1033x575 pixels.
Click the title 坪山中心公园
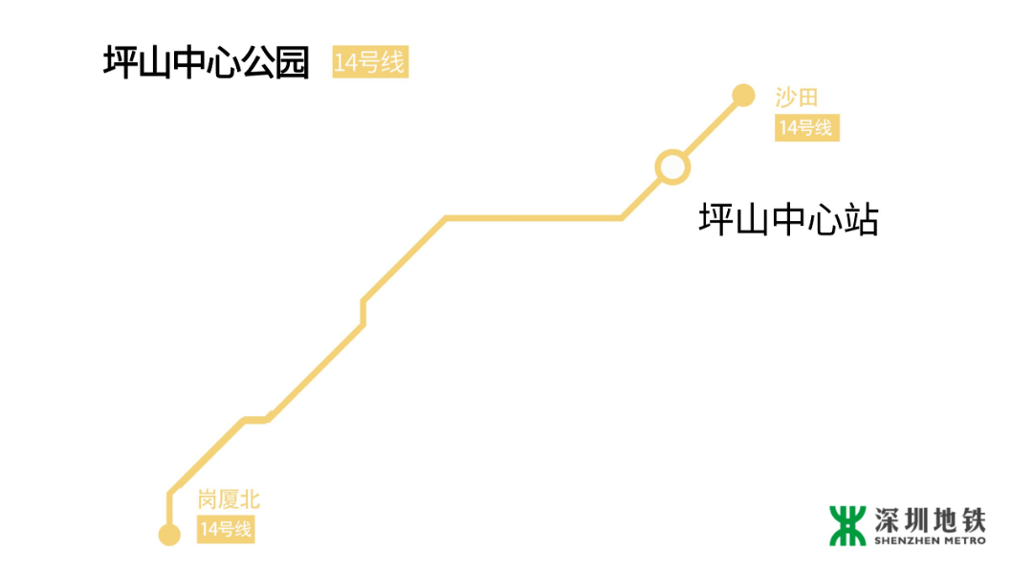[x=207, y=64]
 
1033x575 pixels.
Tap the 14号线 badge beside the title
[x=370, y=62]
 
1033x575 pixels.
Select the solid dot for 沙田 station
[x=743, y=94]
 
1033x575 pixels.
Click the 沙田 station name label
[x=797, y=97]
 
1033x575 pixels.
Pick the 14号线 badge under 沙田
[x=806, y=128]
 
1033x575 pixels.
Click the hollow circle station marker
[x=671, y=166]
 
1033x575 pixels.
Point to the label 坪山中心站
[x=789, y=220]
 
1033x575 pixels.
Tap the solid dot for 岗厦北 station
[x=169, y=534]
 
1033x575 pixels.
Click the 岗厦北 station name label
[x=229, y=499]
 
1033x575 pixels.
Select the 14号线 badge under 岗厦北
[x=227, y=529]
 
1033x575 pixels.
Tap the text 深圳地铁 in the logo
[x=929, y=520]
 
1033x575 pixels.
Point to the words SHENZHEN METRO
[x=929, y=542]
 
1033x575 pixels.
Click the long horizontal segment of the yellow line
[x=534, y=218]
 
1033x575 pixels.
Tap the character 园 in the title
[x=291, y=64]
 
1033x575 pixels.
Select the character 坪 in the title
[x=121, y=64]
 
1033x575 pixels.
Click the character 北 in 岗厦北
[x=249, y=499]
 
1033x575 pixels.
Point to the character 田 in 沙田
[x=808, y=97]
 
